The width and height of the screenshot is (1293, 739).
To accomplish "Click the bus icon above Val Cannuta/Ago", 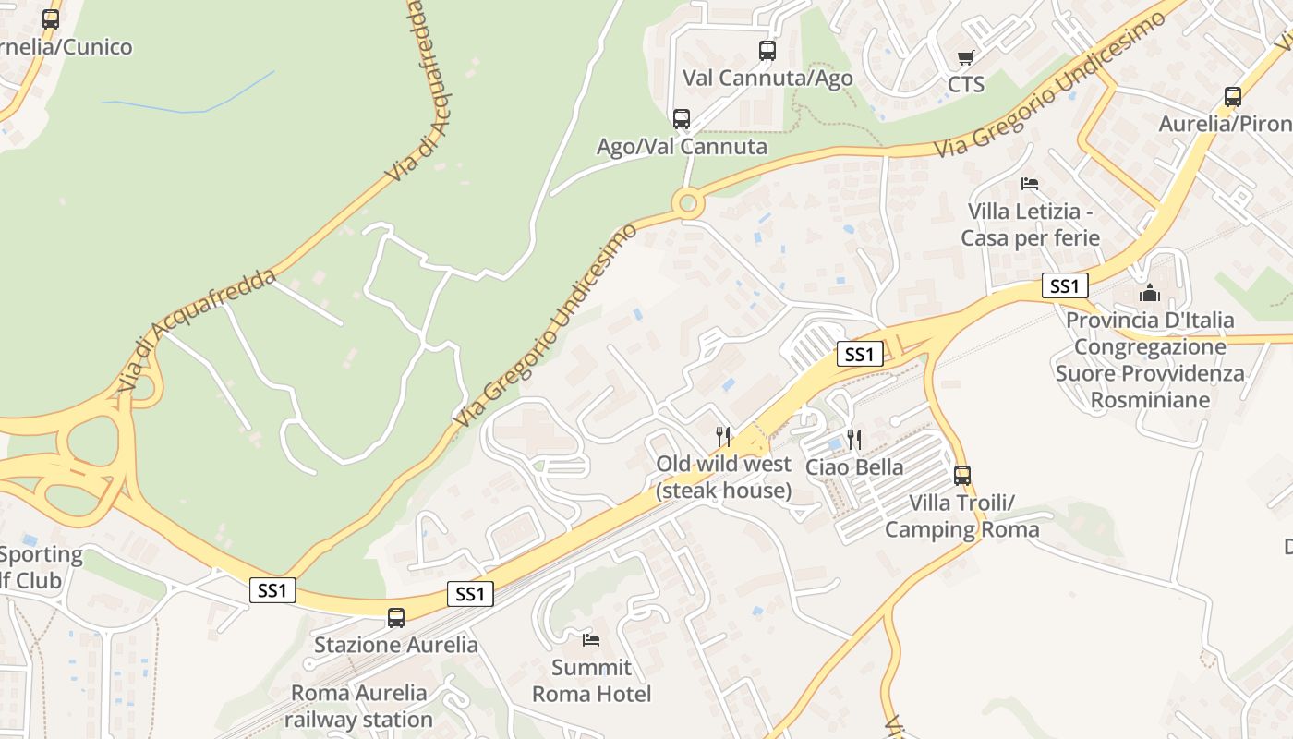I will tap(767, 51).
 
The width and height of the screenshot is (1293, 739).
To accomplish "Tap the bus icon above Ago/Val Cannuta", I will tap(682, 119).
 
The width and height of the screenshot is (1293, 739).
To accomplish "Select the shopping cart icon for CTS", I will tap(966, 58).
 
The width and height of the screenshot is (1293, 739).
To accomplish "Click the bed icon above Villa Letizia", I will tap(1030, 184).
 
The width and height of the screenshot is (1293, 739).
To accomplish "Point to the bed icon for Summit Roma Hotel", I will tap(591, 639).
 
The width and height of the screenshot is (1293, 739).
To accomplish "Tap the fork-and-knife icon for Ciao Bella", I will tap(854, 440).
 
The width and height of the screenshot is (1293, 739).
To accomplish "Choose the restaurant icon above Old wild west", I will tap(723, 436).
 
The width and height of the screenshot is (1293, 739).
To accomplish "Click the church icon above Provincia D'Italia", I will tap(1150, 294).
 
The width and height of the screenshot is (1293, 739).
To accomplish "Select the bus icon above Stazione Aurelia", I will tap(396, 618).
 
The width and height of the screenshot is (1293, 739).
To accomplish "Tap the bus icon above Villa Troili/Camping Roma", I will tap(962, 476).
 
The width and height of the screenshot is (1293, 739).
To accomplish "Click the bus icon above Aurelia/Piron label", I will tap(1233, 97).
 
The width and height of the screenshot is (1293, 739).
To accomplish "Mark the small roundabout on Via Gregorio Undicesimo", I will tap(687, 202).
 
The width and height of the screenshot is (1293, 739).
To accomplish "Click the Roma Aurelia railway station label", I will tap(358, 706).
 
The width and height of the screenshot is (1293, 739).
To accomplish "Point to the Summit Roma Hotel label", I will tap(591, 681).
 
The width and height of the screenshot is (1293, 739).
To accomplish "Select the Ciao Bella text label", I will tap(854, 466).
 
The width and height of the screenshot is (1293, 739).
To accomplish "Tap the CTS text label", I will tap(966, 85).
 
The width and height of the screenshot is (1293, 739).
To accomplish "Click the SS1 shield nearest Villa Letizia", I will tap(1065, 286).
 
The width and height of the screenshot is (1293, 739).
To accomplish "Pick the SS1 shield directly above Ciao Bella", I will tap(859, 354).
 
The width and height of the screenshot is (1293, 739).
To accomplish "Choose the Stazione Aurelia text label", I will tap(396, 645).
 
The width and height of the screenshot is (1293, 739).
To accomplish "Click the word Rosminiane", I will tap(1150, 400).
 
